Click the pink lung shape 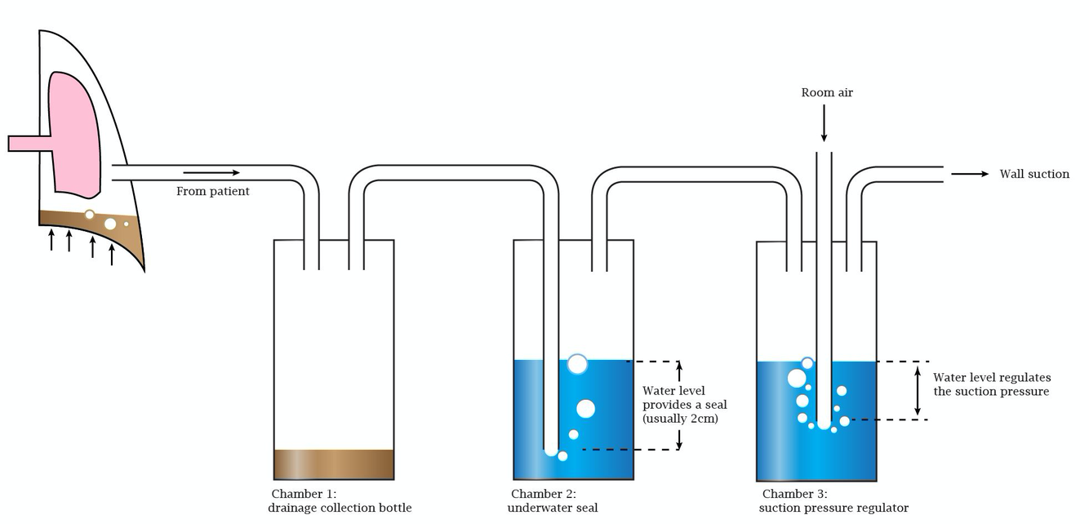pyautogui.click(x=73, y=135)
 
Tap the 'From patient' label pyautogui.click(x=213, y=192)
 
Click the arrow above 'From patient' pyautogui.click(x=211, y=172)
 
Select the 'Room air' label pyautogui.click(x=827, y=93)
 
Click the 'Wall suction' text pyautogui.click(x=1034, y=174)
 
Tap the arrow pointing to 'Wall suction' pyautogui.click(x=969, y=174)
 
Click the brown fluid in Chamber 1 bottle pyautogui.click(x=334, y=464)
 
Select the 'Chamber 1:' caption pyautogui.click(x=304, y=494)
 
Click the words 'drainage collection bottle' pyautogui.click(x=340, y=508)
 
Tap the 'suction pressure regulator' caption pyautogui.click(x=833, y=508)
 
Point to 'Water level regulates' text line pyautogui.click(x=992, y=377)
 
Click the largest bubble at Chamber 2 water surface pyautogui.click(x=577, y=364)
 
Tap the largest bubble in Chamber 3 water pyautogui.click(x=797, y=378)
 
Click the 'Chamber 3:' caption pyautogui.click(x=794, y=494)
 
